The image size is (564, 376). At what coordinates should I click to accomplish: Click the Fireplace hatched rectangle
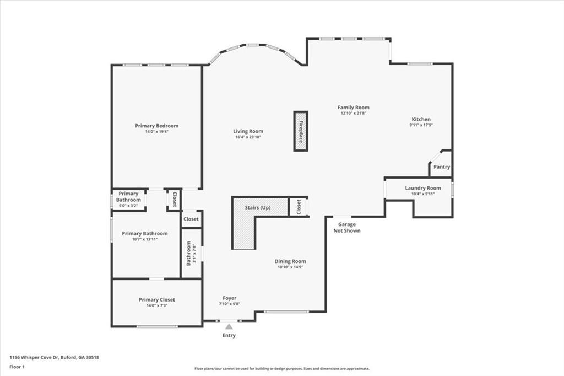click(x=301, y=131)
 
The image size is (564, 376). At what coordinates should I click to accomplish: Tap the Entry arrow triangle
click(x=229, y=327)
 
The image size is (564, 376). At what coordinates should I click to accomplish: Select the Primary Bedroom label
click(x=157, y=126)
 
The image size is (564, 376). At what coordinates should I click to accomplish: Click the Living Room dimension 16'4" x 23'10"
click(x=248, y=137)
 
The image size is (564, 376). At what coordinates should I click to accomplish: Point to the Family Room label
click(x=353, y=108)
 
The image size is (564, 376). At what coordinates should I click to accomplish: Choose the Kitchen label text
click(x=421, y=119)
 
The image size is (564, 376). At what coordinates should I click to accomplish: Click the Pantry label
click(x=442, y=167)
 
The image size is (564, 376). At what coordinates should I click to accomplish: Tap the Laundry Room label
click(x=423, y=188)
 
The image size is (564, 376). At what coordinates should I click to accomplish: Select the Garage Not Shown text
click(x=347, y=228)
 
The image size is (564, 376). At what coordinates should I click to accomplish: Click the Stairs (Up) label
click(x=258, y=208)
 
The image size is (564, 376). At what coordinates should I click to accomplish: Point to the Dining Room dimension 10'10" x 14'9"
click(x=290, y=267)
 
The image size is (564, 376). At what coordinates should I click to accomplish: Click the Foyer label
click(x=230, y=298)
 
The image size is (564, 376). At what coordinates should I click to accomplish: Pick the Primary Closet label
click(x=157, y=300)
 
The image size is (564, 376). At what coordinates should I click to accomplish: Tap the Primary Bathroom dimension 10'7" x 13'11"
click(x=145, y=239)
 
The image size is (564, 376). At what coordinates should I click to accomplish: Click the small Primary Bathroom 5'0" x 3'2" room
click(x=128, y=200)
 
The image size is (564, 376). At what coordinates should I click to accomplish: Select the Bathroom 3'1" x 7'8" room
click(x=191, y=254)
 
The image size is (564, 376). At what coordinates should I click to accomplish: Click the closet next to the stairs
click(x=299, y=207)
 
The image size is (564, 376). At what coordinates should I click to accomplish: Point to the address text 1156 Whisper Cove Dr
click(x=35, y=358)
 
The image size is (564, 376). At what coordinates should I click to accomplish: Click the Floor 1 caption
click(x=17, y=367)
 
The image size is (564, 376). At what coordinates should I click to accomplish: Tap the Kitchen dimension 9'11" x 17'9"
click(x=421, y=125)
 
